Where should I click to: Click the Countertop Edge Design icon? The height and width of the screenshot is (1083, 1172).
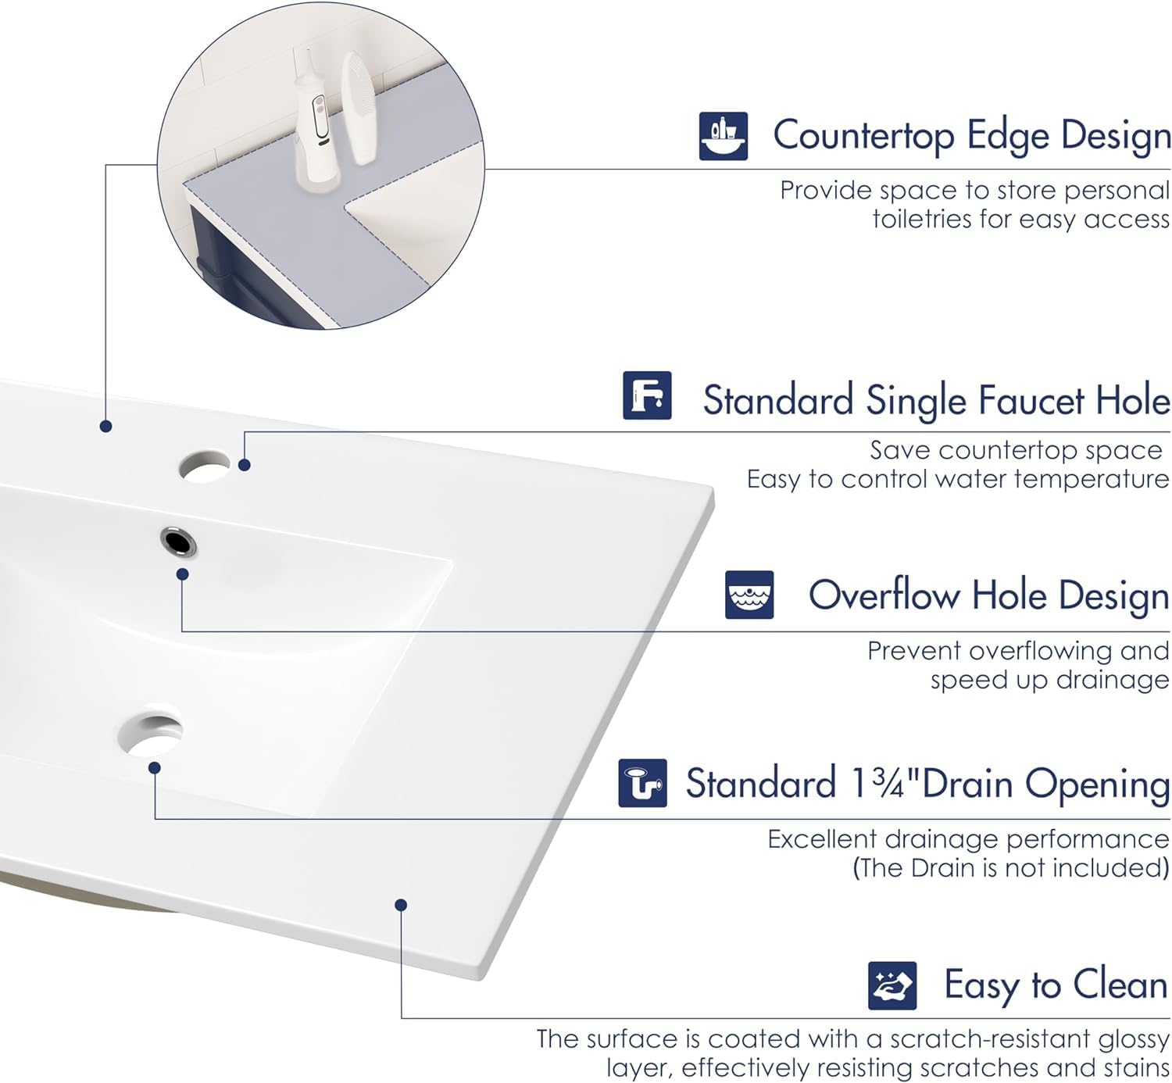point(723,136)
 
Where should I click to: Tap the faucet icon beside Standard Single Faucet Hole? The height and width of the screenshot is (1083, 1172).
point(647,395)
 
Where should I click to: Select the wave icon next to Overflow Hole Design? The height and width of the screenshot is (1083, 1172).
point(749,595)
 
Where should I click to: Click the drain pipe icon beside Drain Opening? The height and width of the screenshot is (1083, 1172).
point(642,782)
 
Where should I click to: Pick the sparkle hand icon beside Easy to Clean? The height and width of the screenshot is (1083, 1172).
point(892,985)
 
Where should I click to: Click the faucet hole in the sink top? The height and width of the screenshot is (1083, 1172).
point(204,467)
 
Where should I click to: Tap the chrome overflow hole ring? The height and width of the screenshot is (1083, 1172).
point(178,541)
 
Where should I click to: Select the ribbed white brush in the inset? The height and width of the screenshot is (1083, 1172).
point(361,107)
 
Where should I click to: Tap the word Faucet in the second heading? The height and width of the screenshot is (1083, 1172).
point(1031,401)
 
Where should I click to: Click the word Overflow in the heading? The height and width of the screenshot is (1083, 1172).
point(884,595)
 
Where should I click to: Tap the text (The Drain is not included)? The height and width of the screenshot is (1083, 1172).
point(1010,868)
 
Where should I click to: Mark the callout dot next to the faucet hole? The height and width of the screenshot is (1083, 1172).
point(245,465)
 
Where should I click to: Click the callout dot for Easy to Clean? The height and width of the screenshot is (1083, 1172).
point(401,905)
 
